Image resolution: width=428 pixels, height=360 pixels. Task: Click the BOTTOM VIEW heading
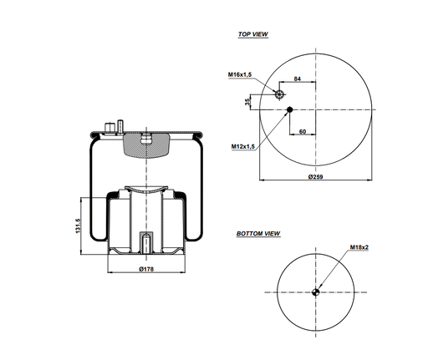[258, 234]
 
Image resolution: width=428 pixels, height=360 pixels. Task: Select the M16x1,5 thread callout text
[241, 75]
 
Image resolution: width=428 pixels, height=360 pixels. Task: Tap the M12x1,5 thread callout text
[243, 146]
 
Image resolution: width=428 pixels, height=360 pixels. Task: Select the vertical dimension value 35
[247, 102]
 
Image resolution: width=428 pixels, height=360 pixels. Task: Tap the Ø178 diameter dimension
[146, 269]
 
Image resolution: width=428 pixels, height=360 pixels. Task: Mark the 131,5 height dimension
[78, 226]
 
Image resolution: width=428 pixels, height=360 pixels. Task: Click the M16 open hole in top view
[282, 94]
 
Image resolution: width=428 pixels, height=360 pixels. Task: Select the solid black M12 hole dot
[289, 109]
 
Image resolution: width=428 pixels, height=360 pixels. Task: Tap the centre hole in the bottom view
[316, 292]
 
